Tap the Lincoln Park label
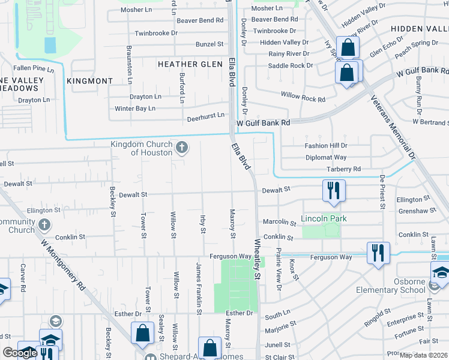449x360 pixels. pos(324,218)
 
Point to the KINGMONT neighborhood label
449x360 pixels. pos(90,80)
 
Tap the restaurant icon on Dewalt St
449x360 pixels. pos(332,190)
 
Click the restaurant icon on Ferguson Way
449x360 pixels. pos(378,252)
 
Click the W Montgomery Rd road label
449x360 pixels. pos(63,264)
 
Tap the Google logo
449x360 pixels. pos(20,353)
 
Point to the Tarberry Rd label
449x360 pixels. pos(343,169)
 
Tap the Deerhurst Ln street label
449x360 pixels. pos(205,115)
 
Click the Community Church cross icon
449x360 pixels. pos(43,225)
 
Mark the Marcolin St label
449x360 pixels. pos(280,223)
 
